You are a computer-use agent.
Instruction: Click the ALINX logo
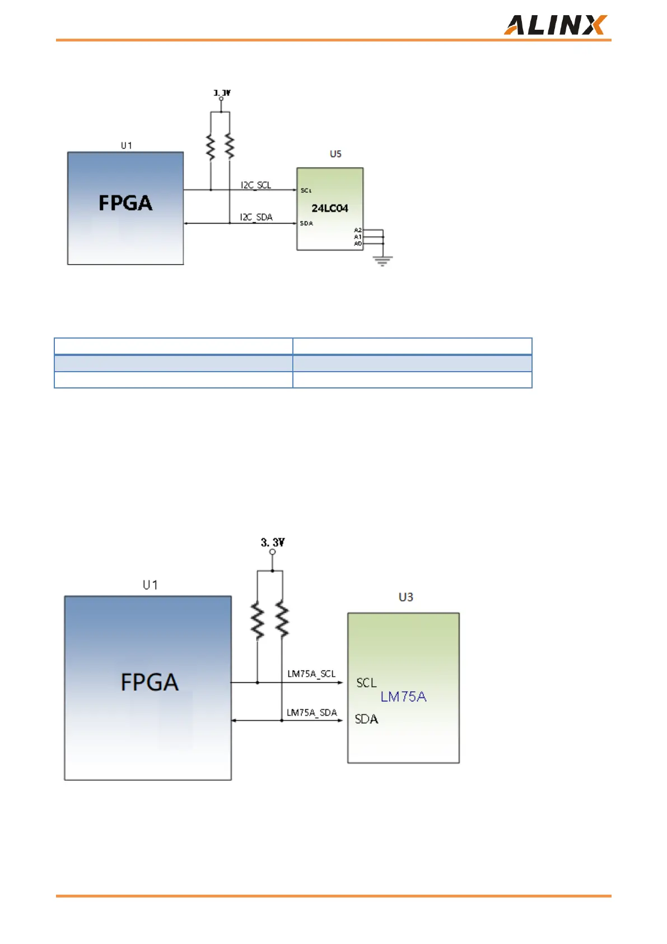tap(554, 25)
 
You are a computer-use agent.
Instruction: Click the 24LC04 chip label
tap(330, 208)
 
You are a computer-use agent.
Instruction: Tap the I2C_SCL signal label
tap(256, 185)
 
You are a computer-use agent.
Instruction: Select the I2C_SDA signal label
tap(256, 217)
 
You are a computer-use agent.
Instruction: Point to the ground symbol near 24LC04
tap(383, 261)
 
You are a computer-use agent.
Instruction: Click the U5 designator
tap(335, 154)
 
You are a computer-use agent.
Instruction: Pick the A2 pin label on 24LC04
tap(358, 230)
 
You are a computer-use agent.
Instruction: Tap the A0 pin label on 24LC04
tap(358, 244)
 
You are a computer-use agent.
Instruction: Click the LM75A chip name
tap(403, 697)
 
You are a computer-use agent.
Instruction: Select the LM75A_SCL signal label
tap(311, 674)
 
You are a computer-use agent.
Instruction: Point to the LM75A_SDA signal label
tap(312, 712)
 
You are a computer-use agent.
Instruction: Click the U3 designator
tap(406, 597)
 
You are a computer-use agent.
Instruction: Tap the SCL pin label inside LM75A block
tap(367, 683)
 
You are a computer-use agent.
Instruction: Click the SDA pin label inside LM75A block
tap(367, 719)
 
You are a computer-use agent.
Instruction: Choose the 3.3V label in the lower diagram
tap(273, 542)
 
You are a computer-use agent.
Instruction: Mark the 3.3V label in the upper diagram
tap(222, 92)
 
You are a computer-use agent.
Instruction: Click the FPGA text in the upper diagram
tap(125, 203)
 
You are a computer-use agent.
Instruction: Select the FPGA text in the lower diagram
tap(150, 682)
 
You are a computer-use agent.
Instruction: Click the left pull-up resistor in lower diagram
tap(258, 621)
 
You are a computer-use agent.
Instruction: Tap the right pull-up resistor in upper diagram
tap(230, 147)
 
